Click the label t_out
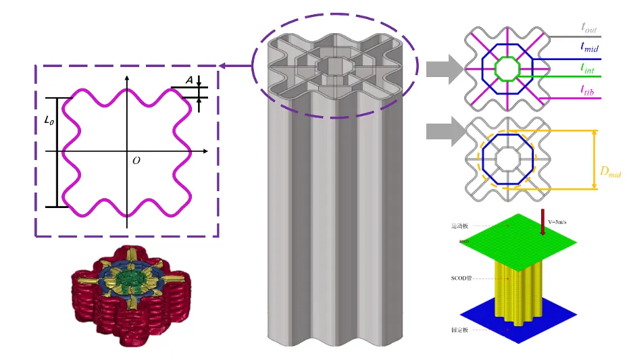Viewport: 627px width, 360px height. coord(590,27)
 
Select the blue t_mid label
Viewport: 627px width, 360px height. coord(590,47)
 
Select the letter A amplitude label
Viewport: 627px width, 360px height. coord(189,80)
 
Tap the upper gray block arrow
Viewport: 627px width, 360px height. coord(444,68)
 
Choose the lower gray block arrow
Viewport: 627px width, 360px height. coord(444,130)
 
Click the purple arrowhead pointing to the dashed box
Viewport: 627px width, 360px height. coord(222,66)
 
